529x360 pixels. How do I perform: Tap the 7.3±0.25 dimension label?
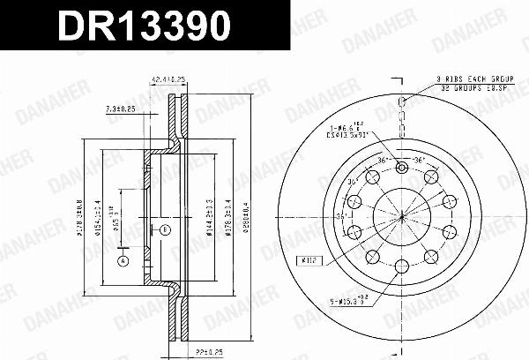coord(121,109)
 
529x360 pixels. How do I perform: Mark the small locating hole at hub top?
coord(401,168)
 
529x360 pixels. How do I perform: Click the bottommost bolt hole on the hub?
coord(401,264)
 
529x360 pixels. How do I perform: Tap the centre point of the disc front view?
coord(401,215)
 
